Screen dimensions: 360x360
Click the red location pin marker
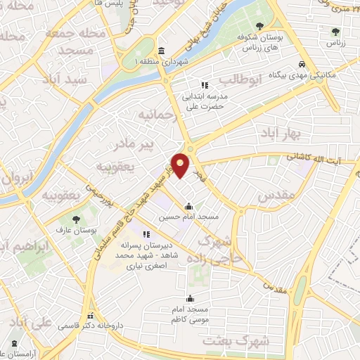(x=181, y=165)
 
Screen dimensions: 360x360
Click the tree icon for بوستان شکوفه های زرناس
(x=260, y=26)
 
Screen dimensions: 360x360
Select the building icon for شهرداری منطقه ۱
(x=162, y=51)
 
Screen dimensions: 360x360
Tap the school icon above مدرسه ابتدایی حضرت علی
(x=205, y=85)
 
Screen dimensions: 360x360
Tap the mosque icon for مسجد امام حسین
(x=188, y=207)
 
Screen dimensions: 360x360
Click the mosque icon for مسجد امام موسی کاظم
(x=190, y=298)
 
